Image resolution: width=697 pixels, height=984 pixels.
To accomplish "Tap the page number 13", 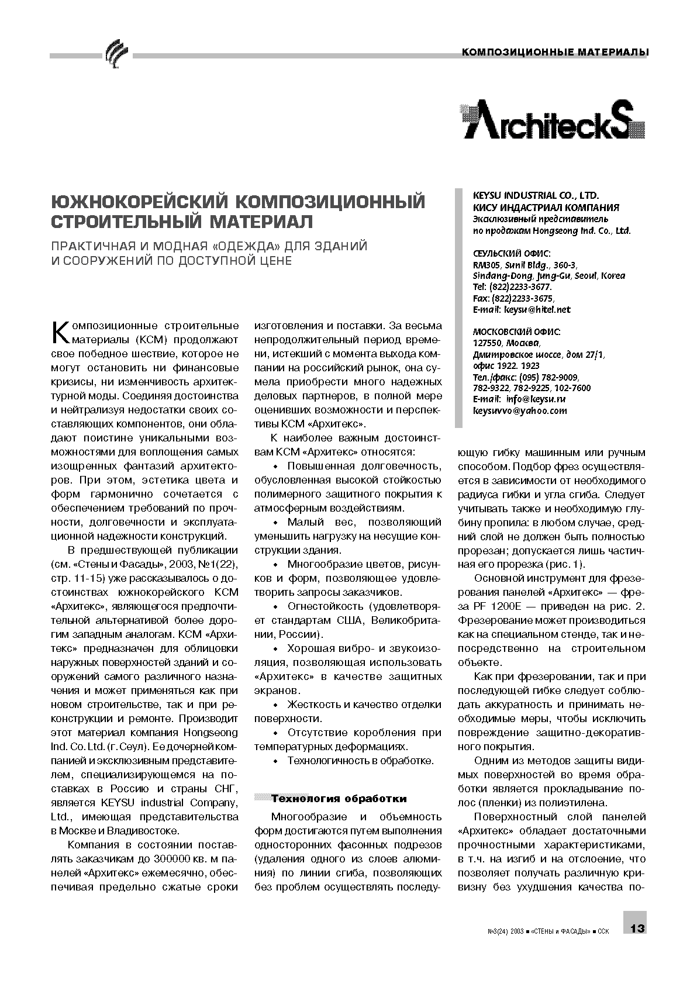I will pos(637,928).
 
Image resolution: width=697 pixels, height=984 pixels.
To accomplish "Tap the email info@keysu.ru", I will pos(536,399).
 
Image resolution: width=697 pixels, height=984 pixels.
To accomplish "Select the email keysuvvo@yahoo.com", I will pos(520,410).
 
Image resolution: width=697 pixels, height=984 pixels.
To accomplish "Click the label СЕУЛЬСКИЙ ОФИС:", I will pos(512,253).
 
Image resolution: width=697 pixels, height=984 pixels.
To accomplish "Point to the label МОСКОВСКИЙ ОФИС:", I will pos(516,332).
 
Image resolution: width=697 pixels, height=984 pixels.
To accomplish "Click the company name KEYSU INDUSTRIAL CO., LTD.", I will pos(536,196).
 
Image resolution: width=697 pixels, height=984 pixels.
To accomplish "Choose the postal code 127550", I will pos(488,343).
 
